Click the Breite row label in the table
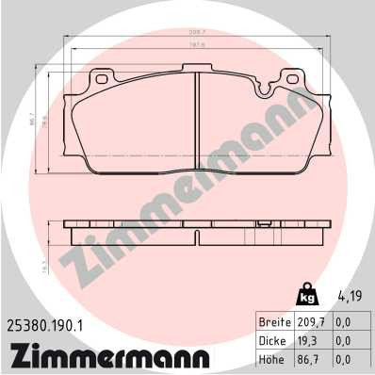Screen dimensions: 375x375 point(274,321)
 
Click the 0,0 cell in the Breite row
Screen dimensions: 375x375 point(345,321)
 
